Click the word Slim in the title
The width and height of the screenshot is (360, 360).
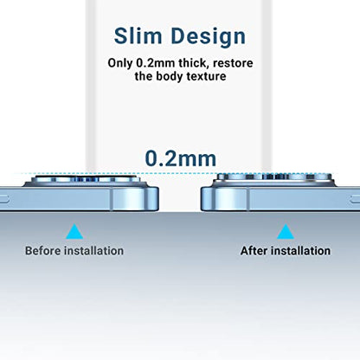coord(138,35)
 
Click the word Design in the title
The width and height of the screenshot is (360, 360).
coord(209,36)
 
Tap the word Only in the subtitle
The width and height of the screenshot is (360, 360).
coord(120,63)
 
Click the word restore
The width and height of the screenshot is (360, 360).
coord(233,63)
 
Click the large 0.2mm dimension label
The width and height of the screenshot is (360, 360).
coord(181,158)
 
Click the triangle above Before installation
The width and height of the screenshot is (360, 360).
coord(74,232)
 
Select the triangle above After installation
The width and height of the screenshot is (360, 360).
coord(286,232)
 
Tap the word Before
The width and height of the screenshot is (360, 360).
coord(43,251)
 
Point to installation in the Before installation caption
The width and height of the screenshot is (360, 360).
coord(94,251)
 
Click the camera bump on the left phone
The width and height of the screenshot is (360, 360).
coord(86,181)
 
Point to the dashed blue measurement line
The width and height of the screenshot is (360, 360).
coord(180,174)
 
